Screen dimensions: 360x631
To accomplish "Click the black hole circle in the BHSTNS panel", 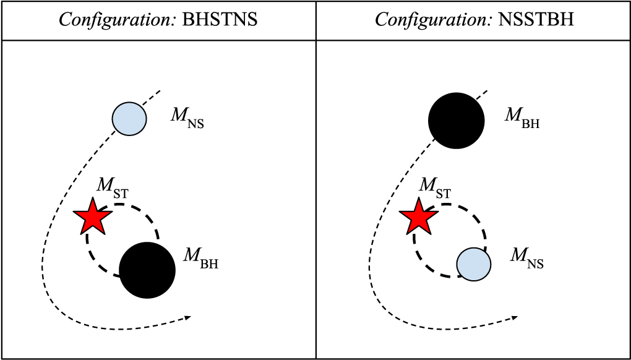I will pos(147,270).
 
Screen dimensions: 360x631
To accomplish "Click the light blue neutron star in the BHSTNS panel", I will pos(129,118).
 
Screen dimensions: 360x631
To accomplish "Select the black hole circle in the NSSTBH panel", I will pos(457,121).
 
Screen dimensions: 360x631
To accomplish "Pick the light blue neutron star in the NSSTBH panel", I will pos(473,264).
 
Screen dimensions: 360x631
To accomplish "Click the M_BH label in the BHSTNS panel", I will pos(200,258).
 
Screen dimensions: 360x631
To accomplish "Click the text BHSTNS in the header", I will pos(220,20).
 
